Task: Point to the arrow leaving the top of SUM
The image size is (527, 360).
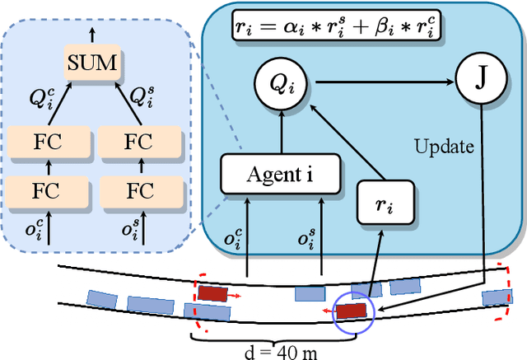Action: [91, 34]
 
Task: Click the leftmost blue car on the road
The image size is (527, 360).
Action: [100, 297]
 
